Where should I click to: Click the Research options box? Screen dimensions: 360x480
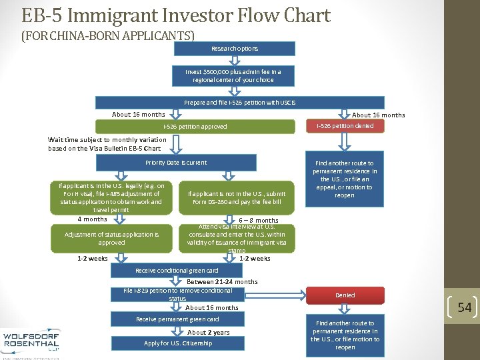[x=234, y=49]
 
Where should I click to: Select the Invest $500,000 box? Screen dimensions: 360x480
[x=233, y=75]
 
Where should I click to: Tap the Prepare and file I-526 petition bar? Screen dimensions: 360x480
[x=239, y=103]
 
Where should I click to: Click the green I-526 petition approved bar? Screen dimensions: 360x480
[x=195, y=126]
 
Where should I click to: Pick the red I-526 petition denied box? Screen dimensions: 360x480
[x=345, y=126]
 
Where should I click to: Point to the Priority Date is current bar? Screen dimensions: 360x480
[x=176, y=163]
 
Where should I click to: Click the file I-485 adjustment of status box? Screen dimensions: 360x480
[x=111, y=197]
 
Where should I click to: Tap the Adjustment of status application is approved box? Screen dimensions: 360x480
[x=111, y=239]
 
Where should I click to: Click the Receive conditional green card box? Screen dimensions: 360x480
[x=177, y=271]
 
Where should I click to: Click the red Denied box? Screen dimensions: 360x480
[x=345, y=295]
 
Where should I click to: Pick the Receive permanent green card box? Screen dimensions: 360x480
[x=177, y=319]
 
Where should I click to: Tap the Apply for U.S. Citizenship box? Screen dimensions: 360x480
[x=178, y=343]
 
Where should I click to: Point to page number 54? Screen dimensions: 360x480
[x=464, y=307]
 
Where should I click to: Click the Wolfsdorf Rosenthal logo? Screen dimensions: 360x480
[x=31, y=339]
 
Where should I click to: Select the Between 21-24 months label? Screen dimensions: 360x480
[x=222, y=282]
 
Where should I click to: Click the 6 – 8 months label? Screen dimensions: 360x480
[x=259, y=221]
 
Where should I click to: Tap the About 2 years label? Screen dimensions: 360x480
[x=208, y=332]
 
